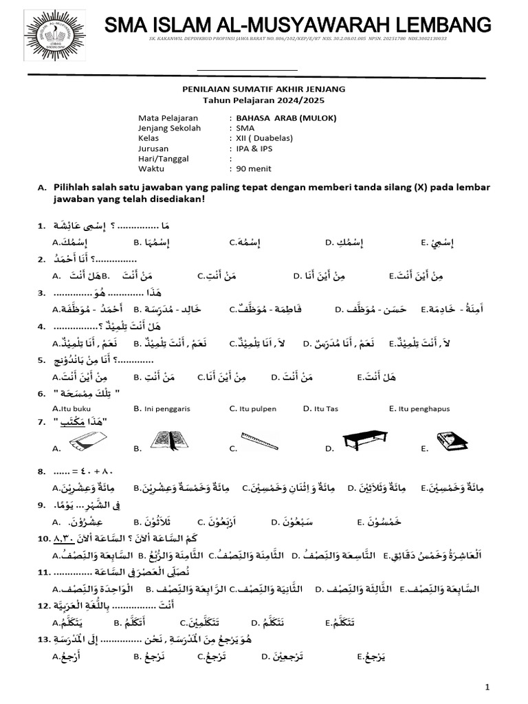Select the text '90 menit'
coord(254,168)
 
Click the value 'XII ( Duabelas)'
coord(264,138)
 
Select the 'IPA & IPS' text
coord(254,148)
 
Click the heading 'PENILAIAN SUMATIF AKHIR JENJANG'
coord(263,89)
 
